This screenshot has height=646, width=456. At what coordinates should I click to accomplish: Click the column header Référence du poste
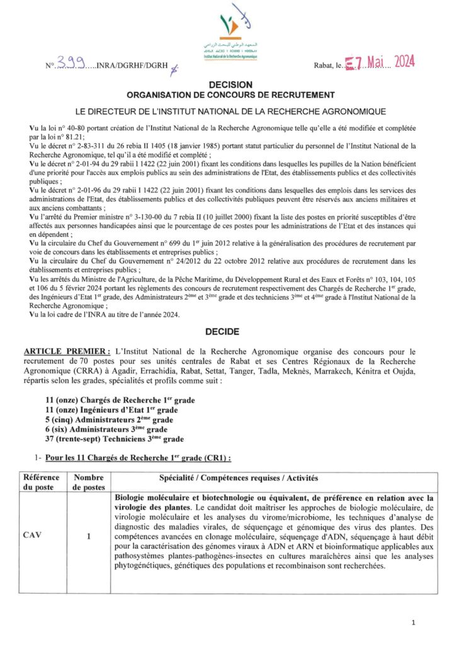click(x=41, y=483)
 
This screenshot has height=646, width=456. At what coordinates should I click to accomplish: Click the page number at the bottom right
click(x=413, y=623)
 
